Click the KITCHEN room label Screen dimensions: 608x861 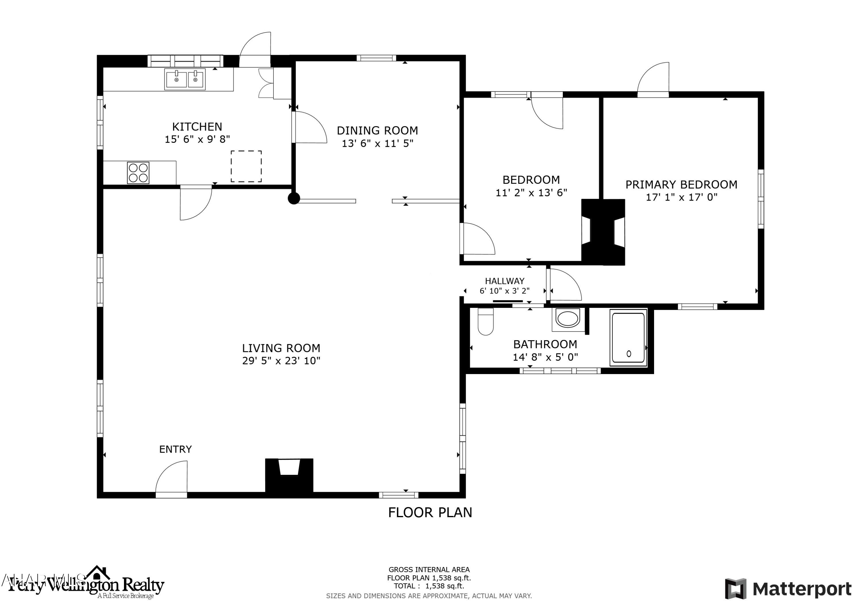[197, 127]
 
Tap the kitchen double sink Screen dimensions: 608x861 [185, 79]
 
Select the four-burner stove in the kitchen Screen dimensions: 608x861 [138, 173]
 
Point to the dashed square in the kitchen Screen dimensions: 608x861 [246, 166]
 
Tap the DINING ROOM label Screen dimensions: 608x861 [377, 131]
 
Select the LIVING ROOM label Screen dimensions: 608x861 [281, 348]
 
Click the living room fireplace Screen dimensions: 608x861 [289, 475]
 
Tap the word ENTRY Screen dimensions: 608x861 [175, 449]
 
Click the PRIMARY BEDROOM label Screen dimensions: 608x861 [681, 185]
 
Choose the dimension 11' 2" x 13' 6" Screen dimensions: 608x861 [531, 193]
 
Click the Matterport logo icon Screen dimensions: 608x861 [735, 589]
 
